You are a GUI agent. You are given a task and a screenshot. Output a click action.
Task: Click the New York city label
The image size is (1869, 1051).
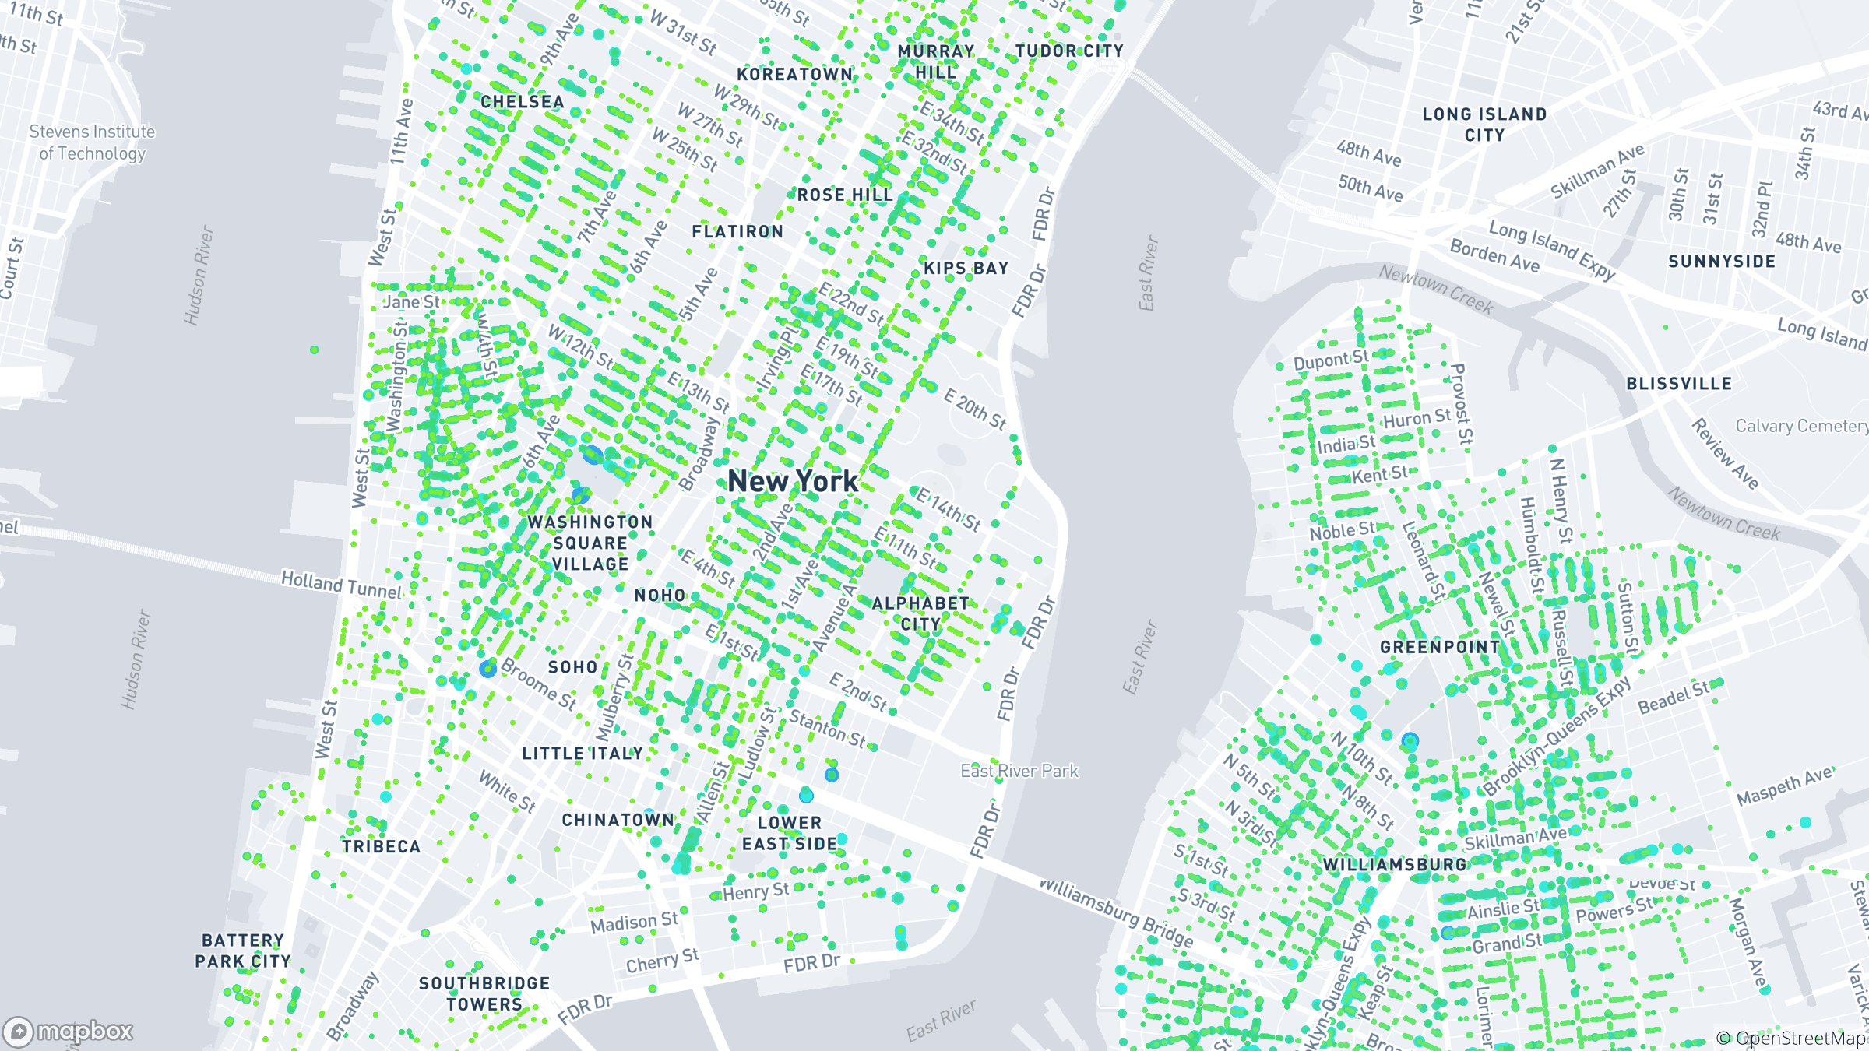click(x=792, y=482)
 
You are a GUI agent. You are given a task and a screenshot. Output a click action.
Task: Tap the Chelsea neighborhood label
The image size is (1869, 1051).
click(x=522, y=102)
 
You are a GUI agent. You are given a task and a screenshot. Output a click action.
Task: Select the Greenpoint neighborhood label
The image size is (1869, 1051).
click(x=1440, y=647)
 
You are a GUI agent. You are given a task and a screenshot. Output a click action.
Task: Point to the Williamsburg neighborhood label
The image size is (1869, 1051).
click(x=1395, y=865)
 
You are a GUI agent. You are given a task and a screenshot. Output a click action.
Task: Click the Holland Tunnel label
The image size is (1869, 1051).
click(x=342, y=585)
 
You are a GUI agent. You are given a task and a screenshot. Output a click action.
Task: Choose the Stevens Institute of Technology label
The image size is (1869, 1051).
click(x=92, y=142)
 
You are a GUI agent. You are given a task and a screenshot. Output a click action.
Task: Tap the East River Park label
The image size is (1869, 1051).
click(x=1019, y=771)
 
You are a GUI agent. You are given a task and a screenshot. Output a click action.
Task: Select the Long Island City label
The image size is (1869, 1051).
click(x=1484, y=125)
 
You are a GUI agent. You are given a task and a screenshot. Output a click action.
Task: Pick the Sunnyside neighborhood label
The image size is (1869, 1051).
click(x=1722, y=262)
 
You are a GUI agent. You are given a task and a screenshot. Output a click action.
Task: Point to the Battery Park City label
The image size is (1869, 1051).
click(x=242, y=951)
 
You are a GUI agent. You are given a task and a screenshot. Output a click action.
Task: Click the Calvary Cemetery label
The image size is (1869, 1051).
click(x=1801, y=426)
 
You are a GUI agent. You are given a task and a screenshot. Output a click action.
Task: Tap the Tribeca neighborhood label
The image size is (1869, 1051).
click(x=381, y=846)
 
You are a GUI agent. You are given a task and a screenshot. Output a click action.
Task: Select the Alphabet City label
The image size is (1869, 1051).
click(x=920, y=613)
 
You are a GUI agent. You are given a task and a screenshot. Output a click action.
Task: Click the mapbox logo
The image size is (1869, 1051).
click(x=69, y=1032)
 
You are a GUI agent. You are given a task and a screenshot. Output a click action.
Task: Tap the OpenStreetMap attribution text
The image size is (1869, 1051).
click(x=1791, y=1038)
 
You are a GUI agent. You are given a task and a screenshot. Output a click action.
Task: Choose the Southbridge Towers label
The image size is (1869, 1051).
click(x=484, y=993)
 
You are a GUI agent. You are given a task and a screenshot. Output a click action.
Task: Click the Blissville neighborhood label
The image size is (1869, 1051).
click(x=1679, y=384)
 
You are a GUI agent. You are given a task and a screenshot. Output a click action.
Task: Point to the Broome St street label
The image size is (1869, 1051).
click(x=539, y=684)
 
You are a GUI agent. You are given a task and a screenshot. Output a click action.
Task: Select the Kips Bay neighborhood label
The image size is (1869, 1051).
click(x=966, y=269)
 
